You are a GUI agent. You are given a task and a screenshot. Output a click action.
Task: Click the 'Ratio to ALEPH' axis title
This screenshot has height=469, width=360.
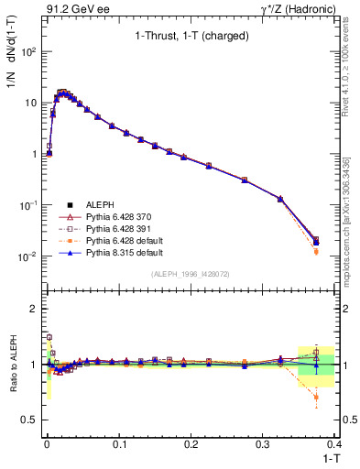pos(14,364)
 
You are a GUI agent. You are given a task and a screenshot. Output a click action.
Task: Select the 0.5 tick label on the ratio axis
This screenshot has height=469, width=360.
pos(29,420)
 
